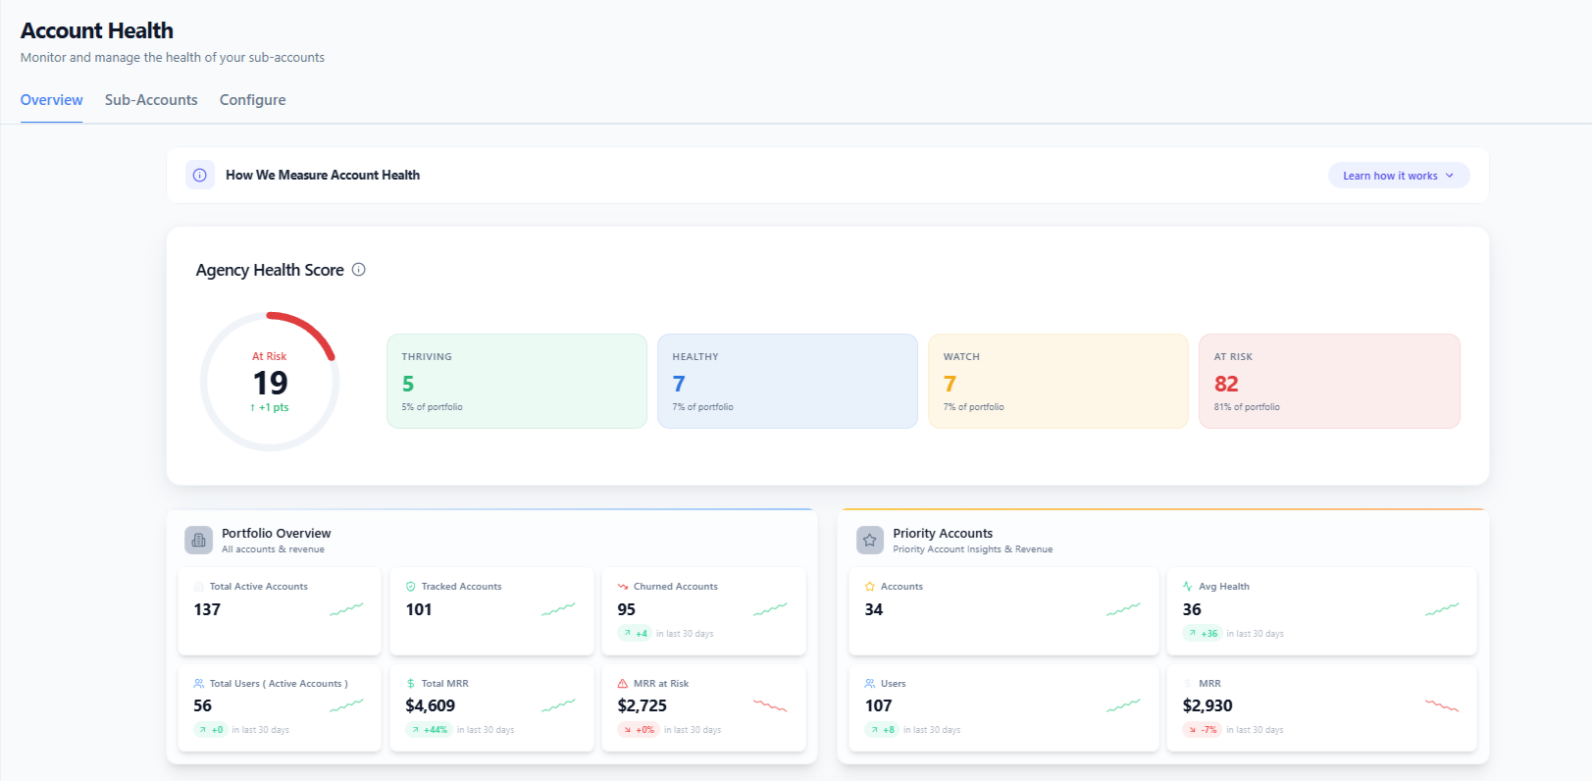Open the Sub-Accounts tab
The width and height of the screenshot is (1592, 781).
pos(151,99)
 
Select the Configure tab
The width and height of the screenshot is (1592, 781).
pos(252,99)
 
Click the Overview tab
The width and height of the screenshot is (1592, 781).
pos(51,99)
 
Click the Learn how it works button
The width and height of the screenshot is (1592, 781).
pos(1398,176)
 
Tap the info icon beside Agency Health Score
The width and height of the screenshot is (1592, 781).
pos(359,270)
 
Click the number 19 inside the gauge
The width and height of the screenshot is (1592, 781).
pos(270,383)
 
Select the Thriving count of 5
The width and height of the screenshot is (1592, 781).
pos(408,384)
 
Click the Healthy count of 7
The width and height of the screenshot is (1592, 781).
pos(679,384)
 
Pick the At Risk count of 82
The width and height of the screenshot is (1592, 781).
pos(1226,384)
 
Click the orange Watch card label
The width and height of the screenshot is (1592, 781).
pos(961,357)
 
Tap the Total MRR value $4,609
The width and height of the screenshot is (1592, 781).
pos(430,705)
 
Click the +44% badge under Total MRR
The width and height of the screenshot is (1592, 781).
pos(430,730)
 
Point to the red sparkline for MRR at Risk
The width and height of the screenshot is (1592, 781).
pos(770,705)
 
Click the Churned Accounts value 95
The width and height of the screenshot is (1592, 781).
pos(626,609)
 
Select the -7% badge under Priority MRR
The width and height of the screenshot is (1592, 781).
pos(1203,730)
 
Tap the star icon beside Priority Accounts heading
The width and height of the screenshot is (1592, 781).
pos(870,540)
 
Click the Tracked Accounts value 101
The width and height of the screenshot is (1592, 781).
pos(419,609)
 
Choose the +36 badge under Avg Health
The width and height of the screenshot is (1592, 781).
pos(1203,633)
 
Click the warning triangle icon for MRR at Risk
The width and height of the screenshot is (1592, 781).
pos(623,684)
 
